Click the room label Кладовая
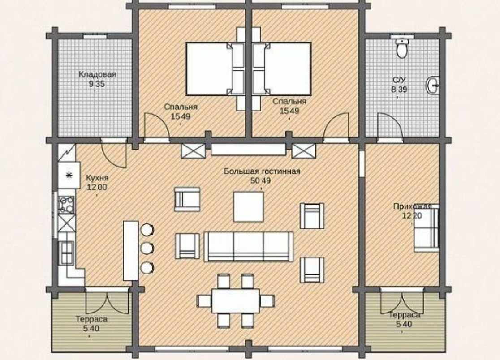[98, 74]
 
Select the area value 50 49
[260, 180]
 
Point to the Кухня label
[97, 178]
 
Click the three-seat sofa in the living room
[248, 247]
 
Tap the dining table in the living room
[236, 301]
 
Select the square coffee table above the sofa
[249, 206]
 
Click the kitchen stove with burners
[67, 205]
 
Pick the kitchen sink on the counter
[66, 253]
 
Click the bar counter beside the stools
[131, 251]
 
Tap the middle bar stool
[147, 248]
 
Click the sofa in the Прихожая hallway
[427, 228]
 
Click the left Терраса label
[91, 319]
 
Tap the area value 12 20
[412, 216]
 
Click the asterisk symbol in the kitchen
[69, 175]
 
